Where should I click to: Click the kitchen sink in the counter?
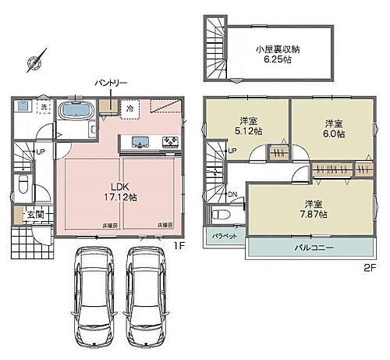coord(140,142)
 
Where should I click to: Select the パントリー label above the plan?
coord(112,81)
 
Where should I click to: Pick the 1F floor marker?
coord(178,245)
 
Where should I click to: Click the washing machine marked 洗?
coord(44,107)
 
